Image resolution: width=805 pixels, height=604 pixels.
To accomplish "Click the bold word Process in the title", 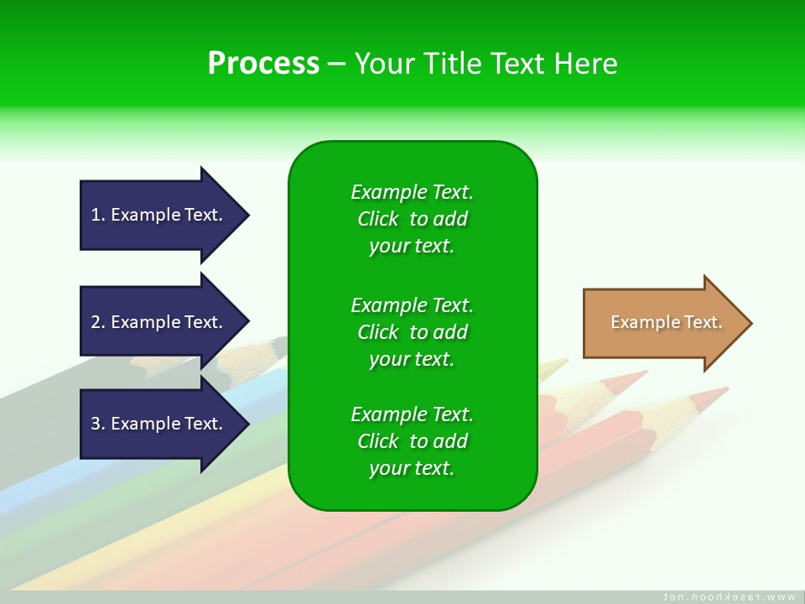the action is (263, 64).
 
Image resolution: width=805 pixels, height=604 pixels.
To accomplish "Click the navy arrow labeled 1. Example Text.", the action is (164, 216).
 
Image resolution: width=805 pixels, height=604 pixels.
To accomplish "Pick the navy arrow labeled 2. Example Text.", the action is (164, 321).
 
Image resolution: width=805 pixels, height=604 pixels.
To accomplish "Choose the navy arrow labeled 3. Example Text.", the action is (164, 423).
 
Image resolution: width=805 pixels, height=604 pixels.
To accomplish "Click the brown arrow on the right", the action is (667, 323).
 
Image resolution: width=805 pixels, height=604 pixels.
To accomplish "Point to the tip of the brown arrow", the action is (753, 323).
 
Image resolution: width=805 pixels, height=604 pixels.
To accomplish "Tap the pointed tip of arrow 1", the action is (250, 216).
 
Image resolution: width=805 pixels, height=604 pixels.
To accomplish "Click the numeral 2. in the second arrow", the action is (98, 322).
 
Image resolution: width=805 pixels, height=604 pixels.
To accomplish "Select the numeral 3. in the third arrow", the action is (98, 424).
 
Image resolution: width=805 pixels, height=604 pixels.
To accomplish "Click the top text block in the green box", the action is (413, 219).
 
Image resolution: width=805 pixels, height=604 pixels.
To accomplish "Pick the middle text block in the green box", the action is (413, 332).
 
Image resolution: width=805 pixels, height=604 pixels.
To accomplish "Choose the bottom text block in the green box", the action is (413, 440).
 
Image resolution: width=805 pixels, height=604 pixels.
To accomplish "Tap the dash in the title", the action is (336, 65).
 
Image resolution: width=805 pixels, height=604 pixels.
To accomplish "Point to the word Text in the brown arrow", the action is (704, 322).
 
